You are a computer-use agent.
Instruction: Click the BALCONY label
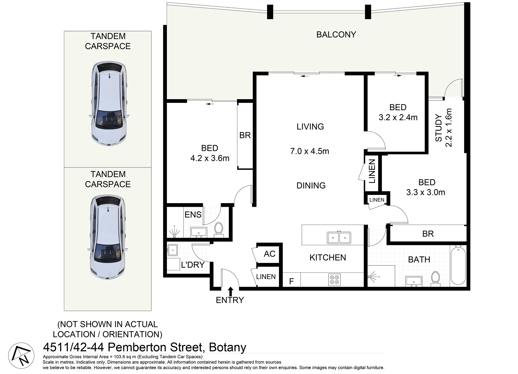336,35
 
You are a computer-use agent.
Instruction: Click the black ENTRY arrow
230,292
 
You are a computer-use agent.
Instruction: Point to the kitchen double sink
339,238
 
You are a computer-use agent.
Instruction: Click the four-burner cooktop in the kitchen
335,280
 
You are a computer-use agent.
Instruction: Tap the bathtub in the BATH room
458,265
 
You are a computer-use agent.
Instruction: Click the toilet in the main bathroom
436,279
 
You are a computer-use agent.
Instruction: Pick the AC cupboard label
270,254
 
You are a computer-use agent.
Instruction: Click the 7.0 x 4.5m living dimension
310,151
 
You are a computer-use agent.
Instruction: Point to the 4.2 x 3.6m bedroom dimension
210,158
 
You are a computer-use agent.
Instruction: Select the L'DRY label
193,265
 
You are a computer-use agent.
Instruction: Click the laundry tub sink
172,250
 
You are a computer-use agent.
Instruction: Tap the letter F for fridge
291,281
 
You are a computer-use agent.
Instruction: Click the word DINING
311,186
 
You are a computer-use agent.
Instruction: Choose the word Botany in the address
228,347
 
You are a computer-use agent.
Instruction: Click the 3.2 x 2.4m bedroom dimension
398,117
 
